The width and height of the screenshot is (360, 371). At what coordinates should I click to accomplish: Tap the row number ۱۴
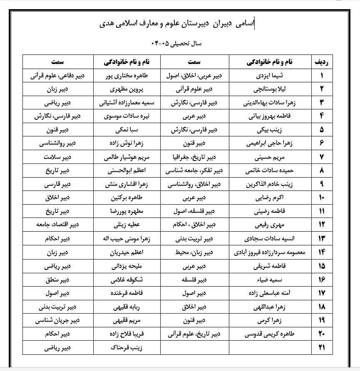pyautogui.click(x=321, y=252)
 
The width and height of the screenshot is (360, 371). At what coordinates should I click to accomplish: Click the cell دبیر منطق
pyautogui.click(x=58, y=279)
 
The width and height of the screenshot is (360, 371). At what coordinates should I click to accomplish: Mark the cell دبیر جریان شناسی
pyautogui.click(x=58, y=320)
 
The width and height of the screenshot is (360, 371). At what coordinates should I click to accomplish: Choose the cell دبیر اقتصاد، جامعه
pyautogui.click(x=58, y=225)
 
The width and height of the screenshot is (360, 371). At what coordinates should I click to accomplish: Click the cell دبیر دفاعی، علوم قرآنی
pyautogui.click(x=58, y=76)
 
